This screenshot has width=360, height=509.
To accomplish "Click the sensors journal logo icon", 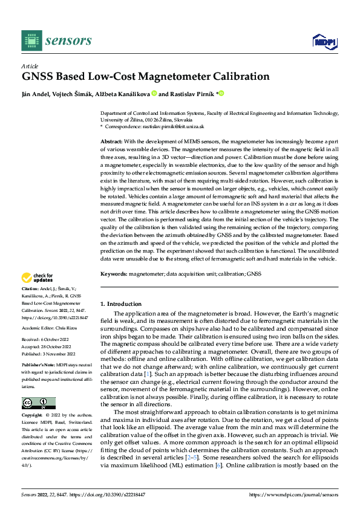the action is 31,41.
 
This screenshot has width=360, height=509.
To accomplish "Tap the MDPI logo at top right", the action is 323,41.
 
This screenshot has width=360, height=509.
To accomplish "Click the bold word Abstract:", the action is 112,140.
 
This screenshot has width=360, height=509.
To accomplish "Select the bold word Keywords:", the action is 114,274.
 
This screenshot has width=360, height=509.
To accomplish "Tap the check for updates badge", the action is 38,277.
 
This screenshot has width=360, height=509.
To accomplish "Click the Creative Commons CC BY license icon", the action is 38,403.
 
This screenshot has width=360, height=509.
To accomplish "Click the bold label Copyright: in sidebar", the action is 33,416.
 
